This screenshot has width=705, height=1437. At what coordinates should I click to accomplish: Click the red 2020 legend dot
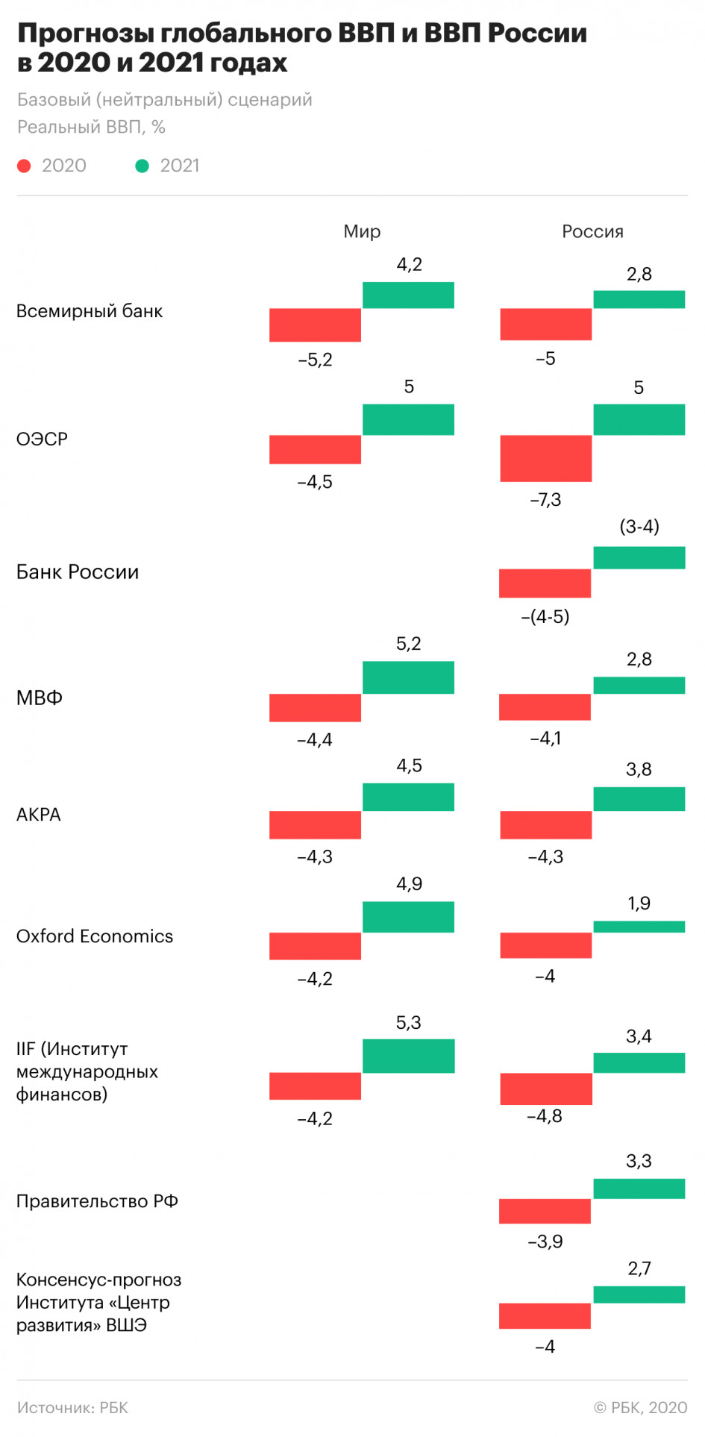(24, 166)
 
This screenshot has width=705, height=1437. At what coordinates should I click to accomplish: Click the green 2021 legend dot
(142, 166)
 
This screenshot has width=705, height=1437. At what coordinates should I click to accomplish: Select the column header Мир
(362, 232)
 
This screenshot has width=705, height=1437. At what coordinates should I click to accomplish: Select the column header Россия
(592, 232)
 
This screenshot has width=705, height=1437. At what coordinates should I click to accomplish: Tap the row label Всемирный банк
(90, 311)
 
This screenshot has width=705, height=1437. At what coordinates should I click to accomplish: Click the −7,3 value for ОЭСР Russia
(545, 500)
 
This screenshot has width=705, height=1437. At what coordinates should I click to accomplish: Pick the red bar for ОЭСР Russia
(545, 458)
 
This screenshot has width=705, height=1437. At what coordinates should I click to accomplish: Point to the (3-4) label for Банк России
(639, 527)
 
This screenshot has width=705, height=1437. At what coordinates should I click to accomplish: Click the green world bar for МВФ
(408, 677)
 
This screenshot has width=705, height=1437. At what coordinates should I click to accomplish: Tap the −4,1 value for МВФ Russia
(545, 739)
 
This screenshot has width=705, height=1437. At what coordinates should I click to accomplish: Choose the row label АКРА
(39, 815)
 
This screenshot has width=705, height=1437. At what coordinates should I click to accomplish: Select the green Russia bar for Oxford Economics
(639, 927)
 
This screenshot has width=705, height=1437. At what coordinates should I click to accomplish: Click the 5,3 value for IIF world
(408, 1023)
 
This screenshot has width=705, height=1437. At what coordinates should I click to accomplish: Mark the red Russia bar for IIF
(545, 1089)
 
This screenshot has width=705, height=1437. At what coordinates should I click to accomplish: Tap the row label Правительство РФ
(97, 1201)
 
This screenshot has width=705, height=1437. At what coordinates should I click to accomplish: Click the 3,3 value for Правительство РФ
(639, 1161)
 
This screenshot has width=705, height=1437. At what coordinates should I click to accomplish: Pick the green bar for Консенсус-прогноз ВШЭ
(639, 1294)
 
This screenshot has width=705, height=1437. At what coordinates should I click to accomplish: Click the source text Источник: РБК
(72, 1408)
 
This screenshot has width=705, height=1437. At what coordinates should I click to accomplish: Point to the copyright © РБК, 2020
(640, 1408)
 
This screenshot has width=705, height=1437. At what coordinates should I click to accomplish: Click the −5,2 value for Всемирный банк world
(315, 360)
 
